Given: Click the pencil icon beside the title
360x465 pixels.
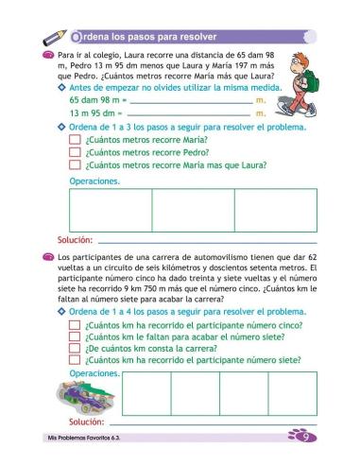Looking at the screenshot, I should pyautogui.click(x=55, y=37).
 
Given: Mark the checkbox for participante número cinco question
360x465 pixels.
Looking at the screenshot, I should pyautogui.click(x=76, y=324).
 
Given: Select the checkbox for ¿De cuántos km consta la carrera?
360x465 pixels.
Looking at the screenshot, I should pyautogui.click(x=76, y=347).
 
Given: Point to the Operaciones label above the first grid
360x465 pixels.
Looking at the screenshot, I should pyautogui.click(x=94, y=181).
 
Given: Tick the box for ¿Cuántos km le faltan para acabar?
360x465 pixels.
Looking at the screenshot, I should pyautogui.click(x=76, y=336).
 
